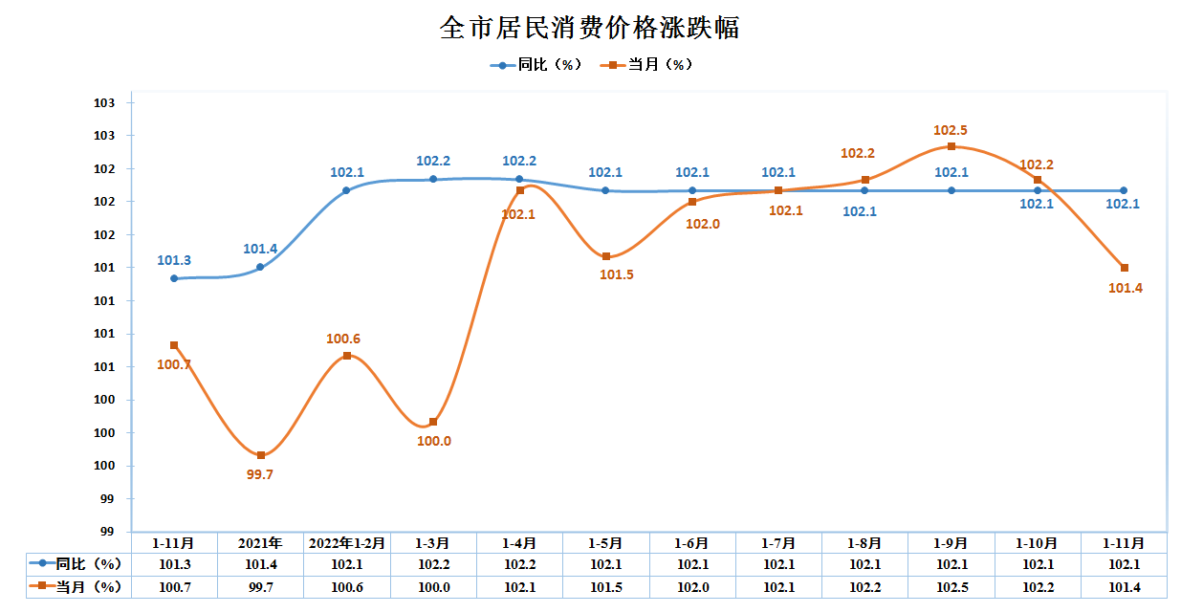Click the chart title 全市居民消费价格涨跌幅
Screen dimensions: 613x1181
point(589,28)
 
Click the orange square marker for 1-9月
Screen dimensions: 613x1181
point(951,146)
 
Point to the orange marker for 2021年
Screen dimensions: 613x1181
point(261,455)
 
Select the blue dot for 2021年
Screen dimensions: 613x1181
point(260,267)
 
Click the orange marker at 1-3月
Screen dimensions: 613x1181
point(433,422)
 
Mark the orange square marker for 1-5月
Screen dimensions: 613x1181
point(606,256)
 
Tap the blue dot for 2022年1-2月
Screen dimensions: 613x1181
point(346,190)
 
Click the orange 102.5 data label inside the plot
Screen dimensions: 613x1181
point(951,130)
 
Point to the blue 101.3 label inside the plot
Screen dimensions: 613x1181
point(174,260)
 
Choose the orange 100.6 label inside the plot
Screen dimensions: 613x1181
point(343,339)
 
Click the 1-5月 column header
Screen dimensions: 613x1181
point(606,542)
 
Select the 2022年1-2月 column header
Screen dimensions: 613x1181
point(346,542)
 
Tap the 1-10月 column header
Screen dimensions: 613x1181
point(1038,542)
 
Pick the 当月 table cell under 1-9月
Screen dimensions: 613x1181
point(951,586)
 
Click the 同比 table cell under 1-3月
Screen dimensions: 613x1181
point(433,564)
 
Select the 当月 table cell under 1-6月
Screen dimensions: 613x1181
point(692,586)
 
